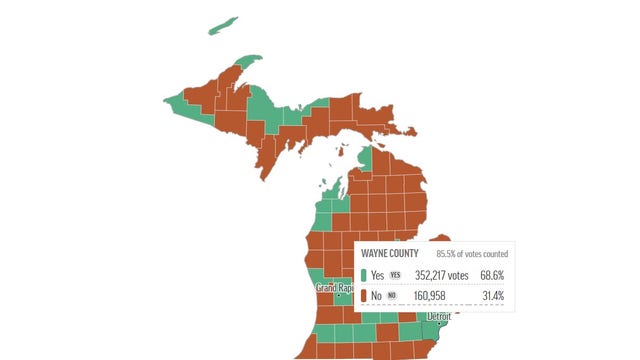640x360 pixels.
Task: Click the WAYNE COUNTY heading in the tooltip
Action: click(x=391, y=253)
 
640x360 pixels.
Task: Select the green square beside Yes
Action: click(x=363, y=275)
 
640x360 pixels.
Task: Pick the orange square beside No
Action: click(x=363, y=296)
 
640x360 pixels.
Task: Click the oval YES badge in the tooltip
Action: click(x=395, y=275)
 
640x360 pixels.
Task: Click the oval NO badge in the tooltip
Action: click(x=392, y=296)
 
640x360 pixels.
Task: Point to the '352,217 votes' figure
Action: click(x=436, y=275)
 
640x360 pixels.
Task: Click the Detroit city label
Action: click(x=440, y=316)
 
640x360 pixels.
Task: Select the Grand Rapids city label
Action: click(x=332, y=288)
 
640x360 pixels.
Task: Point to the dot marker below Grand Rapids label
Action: click(x=338, y=296)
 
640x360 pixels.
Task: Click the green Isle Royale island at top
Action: click(x=223, y=25)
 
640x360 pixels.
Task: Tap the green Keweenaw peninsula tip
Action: click(x=246, y=62)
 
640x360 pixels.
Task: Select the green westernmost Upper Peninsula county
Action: click(x=177, y=100)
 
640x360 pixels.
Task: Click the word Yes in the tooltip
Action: click(x=377, y=275)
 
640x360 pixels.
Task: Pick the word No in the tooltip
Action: click(x=376, y=296)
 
